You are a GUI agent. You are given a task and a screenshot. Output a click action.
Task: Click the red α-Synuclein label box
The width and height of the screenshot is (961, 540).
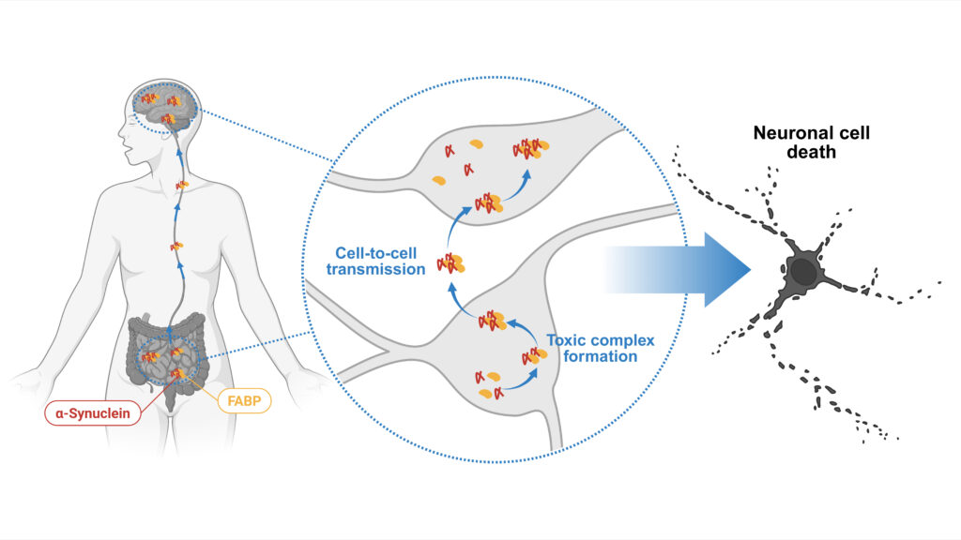coord(93,411)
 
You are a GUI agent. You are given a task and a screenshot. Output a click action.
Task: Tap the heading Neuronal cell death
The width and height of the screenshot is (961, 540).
coord(811,142)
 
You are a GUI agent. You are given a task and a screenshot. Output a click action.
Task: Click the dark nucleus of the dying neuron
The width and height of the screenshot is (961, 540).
coord(803,271)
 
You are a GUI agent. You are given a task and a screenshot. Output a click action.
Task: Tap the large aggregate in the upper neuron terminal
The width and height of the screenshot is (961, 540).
coord(528,148)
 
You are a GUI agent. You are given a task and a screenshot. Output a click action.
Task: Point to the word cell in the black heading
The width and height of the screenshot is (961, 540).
coord(851,133)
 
